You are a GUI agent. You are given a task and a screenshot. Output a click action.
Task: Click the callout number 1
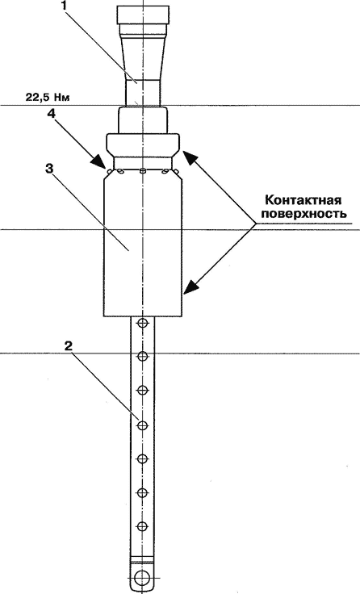(65, 6)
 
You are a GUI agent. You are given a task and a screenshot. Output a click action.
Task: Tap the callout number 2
(69, 346)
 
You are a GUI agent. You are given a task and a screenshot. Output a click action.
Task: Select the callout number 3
(49, 168)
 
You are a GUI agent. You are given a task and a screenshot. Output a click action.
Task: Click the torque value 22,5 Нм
(48, 97)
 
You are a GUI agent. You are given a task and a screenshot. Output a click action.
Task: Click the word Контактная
(303, 199)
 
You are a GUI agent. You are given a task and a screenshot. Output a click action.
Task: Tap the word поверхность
(304, 213)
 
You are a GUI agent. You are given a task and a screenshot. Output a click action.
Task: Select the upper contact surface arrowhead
(190, 157)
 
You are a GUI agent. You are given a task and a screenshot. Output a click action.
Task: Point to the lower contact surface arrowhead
(192, 287)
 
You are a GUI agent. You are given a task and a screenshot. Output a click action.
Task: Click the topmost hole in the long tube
(143, 323)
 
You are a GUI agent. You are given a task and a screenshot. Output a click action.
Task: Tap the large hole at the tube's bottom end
(143, 578)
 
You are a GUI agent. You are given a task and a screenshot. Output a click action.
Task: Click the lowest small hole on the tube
(143, 526)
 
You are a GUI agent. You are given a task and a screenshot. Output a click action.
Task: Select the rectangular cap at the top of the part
(143, 15)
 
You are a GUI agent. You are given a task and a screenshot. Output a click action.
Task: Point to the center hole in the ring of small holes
(143, 171)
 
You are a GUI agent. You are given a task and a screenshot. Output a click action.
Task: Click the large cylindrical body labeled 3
(144, 246)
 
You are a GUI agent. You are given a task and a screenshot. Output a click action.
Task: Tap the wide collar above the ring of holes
(143, 145)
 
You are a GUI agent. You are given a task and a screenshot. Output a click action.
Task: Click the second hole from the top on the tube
(143, 356)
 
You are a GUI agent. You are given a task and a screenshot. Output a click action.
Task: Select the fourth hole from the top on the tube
(143, 425)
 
